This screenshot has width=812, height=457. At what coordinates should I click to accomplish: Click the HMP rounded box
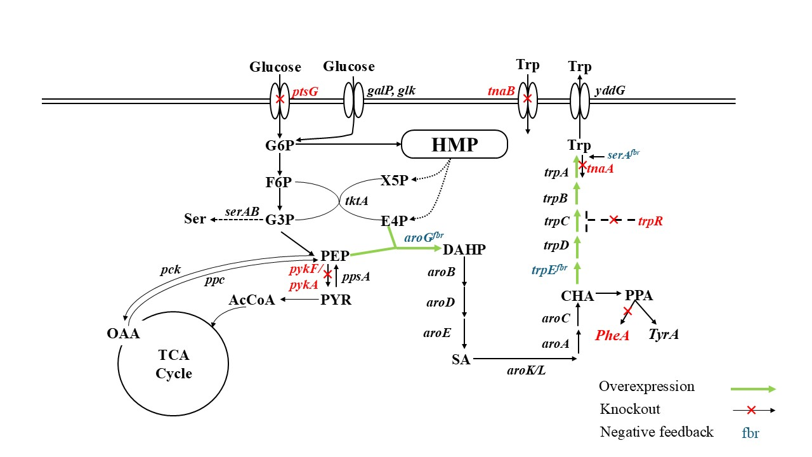click(x=455, y=145)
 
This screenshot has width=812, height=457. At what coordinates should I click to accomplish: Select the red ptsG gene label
click(x=305, y=92)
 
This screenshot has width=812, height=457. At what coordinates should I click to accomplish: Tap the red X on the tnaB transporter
click(x=527, y=99)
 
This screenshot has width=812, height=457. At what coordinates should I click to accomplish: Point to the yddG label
click(x=610, y=91)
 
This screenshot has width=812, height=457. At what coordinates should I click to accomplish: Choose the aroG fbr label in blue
click(x=424, y=237)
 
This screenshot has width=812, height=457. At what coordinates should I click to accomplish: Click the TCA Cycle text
click(x=174, y=364)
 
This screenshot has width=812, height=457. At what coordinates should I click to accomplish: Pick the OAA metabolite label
click(x=123, y=334)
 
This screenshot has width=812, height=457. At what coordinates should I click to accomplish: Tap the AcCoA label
click(x=252, y=300)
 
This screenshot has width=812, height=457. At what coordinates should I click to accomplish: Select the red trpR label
click(x=651, y=221)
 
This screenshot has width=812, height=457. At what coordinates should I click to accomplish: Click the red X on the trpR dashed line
click(x=613, y=220)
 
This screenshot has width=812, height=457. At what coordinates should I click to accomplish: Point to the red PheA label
click(x=612, y=335)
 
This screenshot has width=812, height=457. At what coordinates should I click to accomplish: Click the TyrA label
click(x=663, y=334)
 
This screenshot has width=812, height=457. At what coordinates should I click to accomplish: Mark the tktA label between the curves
click(x=356, y=201)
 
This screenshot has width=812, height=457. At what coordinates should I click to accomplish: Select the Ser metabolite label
click(x=195, y=219)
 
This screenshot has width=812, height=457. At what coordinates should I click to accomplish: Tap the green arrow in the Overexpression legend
click(x=753, y=388)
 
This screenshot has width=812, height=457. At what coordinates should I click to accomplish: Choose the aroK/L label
click(x=527, y=370)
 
